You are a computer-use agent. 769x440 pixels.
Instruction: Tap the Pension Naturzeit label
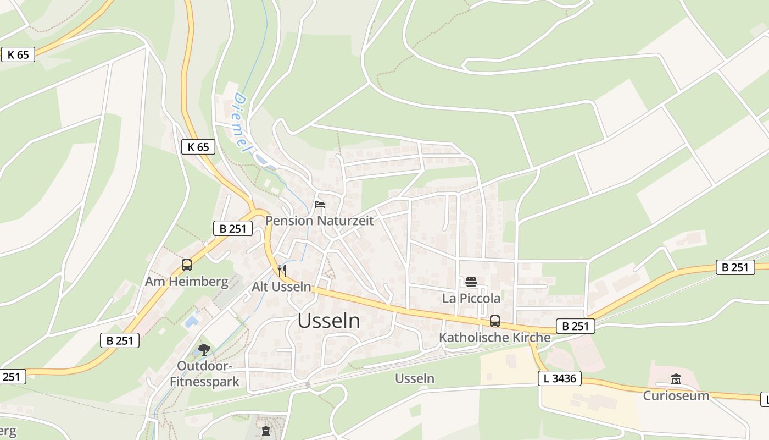(319, 221)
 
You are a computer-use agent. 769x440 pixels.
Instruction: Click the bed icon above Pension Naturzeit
(320, 205)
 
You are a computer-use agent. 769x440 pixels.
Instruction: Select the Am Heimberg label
(187, 282)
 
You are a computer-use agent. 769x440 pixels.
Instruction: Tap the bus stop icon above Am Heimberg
(187, 265)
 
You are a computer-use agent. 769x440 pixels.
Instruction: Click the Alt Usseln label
(281, 287)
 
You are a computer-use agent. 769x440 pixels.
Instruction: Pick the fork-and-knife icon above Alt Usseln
(282, 270)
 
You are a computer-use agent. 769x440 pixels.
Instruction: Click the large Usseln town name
(329, 321)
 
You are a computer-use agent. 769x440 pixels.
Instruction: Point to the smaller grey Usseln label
(415, 378)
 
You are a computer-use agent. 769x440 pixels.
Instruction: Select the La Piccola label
(471, 298)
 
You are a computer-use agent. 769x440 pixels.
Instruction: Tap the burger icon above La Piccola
(471, 282)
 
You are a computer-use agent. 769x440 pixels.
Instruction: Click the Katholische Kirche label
(494, 338)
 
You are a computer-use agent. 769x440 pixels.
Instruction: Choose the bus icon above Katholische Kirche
(495, 321)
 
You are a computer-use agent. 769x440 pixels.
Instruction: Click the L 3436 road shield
(559, 378)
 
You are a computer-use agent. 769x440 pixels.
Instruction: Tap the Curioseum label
(676, 395)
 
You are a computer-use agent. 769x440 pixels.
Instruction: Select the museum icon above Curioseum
(676, 380)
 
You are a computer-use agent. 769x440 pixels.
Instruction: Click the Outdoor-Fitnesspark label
(204, 373)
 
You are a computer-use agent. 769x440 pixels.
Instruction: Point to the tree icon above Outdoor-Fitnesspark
(204, 349)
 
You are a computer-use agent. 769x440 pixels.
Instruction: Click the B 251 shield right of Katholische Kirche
(576, 326)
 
